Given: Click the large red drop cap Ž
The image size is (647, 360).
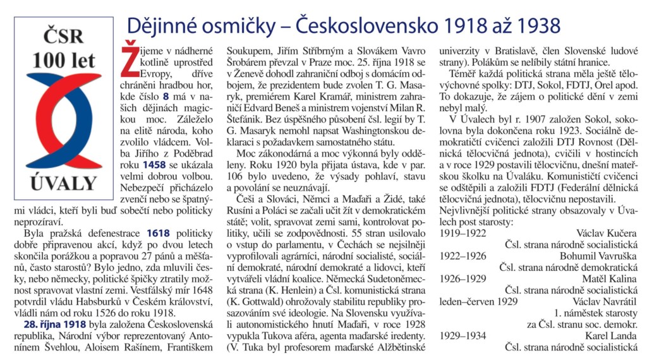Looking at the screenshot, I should (128, 54).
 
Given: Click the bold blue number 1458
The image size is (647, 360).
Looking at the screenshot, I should (155, 165).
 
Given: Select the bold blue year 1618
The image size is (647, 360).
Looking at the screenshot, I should (158, 233).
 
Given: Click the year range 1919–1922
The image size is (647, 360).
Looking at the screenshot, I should (463, 233).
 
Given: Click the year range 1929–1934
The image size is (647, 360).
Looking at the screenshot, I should (463, 335).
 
